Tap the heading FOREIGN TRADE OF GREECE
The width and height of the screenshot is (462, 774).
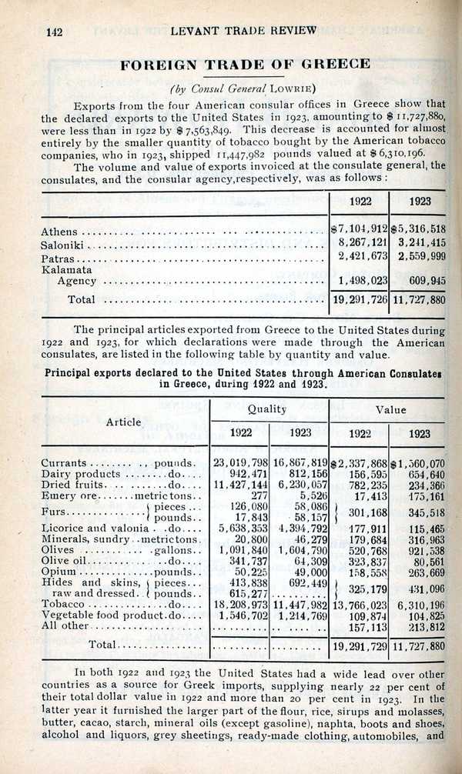(x=245, y=64)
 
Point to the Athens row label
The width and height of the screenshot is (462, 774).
(x=59, y=232)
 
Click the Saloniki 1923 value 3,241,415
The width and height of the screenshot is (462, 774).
(x=419, y=242)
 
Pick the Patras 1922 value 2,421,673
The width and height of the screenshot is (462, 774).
(x=358, y=255)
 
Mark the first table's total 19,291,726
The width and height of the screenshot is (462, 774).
(x=359, y=299)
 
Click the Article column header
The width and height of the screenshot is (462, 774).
(x=124, y=422)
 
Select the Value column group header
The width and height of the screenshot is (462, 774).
(x=390, y=410)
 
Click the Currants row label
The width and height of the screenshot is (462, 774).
(x=64, y=463)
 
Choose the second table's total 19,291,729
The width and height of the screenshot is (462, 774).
(x=359, y=646)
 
